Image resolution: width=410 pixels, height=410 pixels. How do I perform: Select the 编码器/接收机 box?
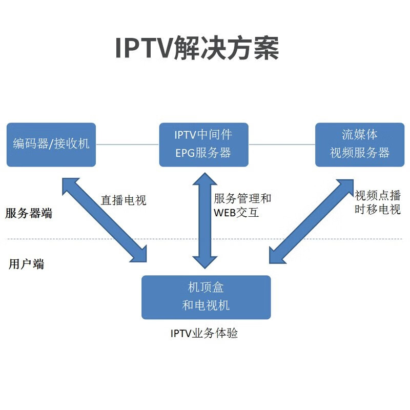coord(51,144)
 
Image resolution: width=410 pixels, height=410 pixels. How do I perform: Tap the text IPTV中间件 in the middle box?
coord(203,135)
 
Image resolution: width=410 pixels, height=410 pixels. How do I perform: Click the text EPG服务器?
coord(203,153)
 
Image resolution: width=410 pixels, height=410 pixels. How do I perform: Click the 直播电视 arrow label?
coord(124,200)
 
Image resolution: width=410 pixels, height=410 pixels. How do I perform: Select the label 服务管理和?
coord(242,198)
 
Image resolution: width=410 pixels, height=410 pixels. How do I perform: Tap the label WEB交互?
coord(236,213)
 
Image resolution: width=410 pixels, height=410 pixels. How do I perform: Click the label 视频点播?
coord(378,195)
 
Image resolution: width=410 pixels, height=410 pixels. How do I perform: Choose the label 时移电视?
coord(378,210)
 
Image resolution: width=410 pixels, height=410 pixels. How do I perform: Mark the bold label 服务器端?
coord(29,214)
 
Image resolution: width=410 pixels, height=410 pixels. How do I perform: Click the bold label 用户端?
coord(26,264)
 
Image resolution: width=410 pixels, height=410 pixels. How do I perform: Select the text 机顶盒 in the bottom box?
coord(206,289)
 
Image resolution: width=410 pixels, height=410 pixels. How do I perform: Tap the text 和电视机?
coord(206,306)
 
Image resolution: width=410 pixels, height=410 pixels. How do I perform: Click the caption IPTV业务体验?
coord(204,334)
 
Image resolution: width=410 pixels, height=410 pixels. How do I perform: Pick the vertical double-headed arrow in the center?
coord(204,220)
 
